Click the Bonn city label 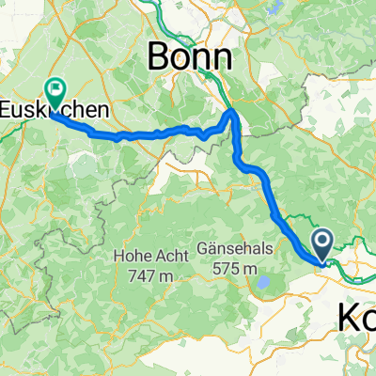click(x=189, y=58)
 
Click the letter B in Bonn click(x=158, y=58)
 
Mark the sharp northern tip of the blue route click(x=234, y=112)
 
